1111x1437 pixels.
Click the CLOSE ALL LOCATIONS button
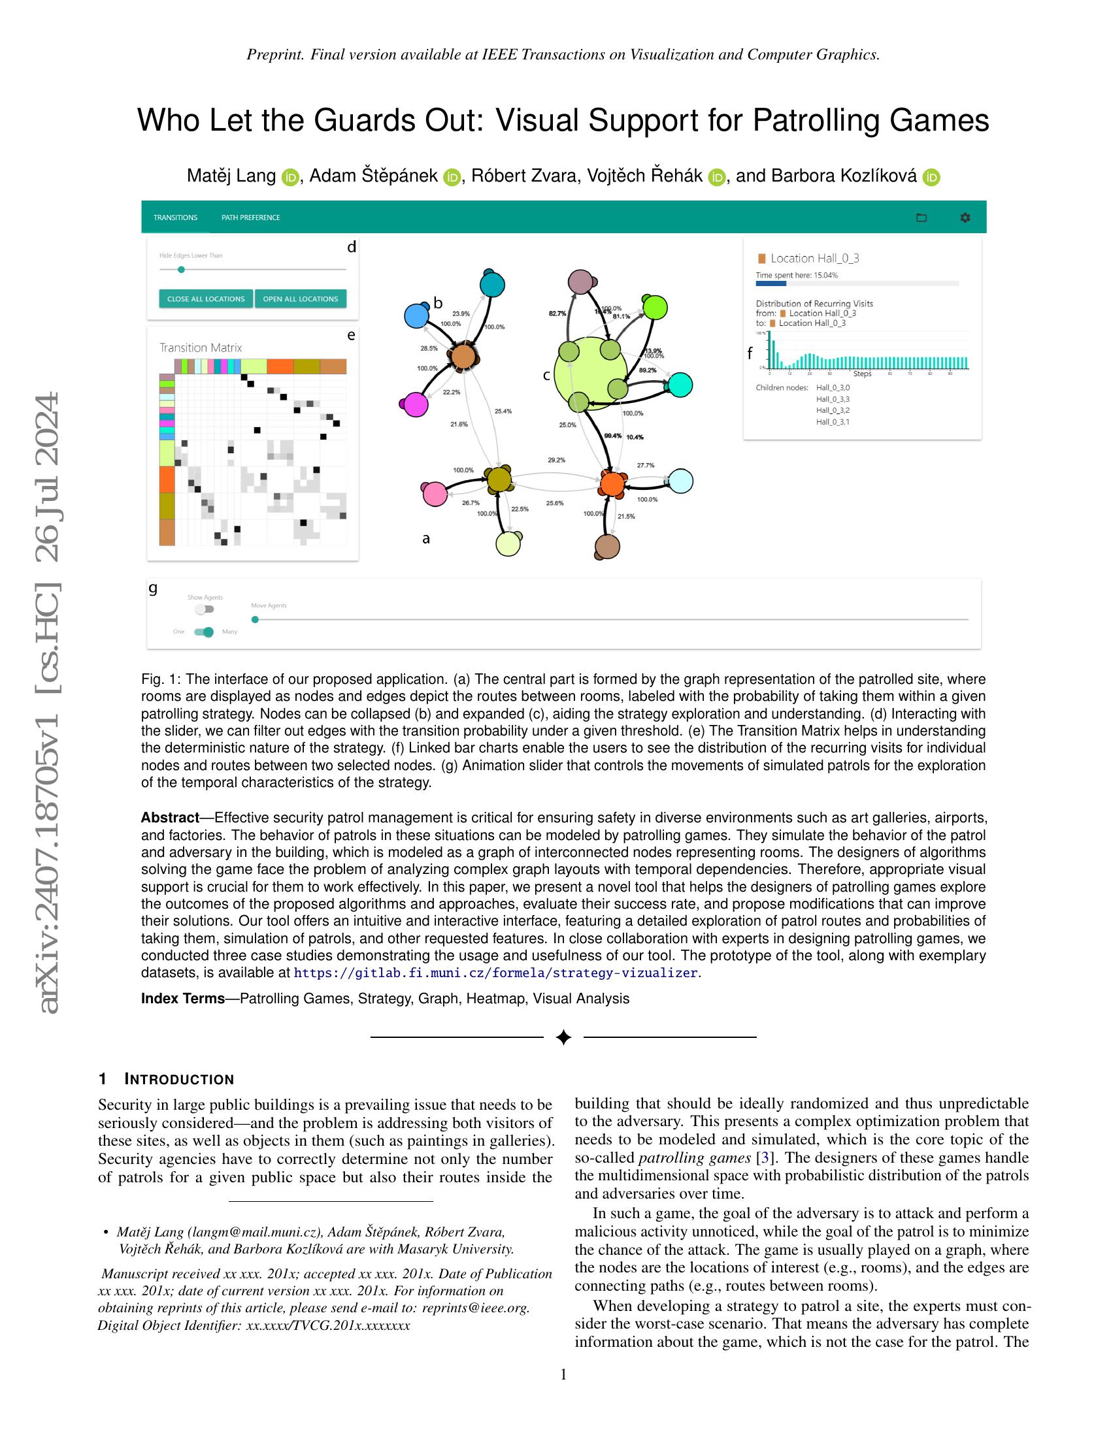(205, 299)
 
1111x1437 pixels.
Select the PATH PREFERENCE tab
(250, 218)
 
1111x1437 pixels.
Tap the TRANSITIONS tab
(175, 218)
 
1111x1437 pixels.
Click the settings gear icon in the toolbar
(965, 218)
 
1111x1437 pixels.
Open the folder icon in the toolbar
(921, 218)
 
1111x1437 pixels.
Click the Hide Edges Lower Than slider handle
(181, 269)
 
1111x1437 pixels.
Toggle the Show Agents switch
(204, 609)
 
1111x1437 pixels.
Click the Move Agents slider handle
(256, 619)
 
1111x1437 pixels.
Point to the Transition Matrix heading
(201, 347)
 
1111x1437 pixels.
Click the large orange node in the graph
(612, 484)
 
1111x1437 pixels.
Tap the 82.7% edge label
(557, 314)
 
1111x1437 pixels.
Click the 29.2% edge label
(556, 460)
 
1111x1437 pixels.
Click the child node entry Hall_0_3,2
(833, 411)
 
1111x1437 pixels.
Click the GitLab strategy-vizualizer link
(495, 973)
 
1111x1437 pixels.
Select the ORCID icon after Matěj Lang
(290, 177)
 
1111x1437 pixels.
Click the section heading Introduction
(179, 1079)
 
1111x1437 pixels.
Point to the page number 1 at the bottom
(563, 1374)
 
